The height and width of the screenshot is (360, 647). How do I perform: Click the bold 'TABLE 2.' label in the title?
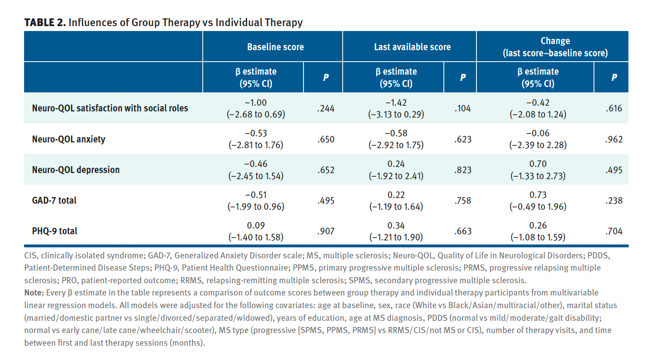coord(45,22)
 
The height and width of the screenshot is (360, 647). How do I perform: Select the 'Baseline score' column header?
coord(275,47)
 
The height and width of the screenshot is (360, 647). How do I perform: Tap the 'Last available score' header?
coord(412,47)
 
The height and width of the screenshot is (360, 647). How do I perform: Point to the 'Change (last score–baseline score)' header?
coord(555,47)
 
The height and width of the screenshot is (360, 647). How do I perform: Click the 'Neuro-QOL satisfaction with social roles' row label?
coord(110,108)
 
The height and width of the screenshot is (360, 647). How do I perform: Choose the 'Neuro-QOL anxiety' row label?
coord(69,139)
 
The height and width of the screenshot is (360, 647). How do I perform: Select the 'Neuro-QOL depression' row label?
coord(76,170)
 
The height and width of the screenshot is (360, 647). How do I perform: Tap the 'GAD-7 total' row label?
coord(54,200)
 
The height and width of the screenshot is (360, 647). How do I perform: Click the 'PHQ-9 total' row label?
coord(55,231)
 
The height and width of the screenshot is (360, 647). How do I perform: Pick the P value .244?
coord(326,109)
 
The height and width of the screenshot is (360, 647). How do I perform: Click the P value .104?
coord(463,109)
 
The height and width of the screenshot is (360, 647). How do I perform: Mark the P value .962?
coord(614,140)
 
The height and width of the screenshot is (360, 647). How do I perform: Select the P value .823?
coord(463,170)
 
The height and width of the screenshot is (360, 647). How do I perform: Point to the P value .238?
coord(614,201)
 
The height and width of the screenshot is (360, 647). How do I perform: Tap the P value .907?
coord(326,231)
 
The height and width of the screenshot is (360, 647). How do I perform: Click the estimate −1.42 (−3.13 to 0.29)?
coord(396,109)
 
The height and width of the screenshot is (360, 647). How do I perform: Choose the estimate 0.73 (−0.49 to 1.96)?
coord(538,201)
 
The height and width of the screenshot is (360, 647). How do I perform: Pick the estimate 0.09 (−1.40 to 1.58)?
coord(256,231)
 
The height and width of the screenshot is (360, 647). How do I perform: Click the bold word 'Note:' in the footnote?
coord(34,293)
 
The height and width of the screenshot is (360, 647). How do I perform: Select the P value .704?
coord(614,231)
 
